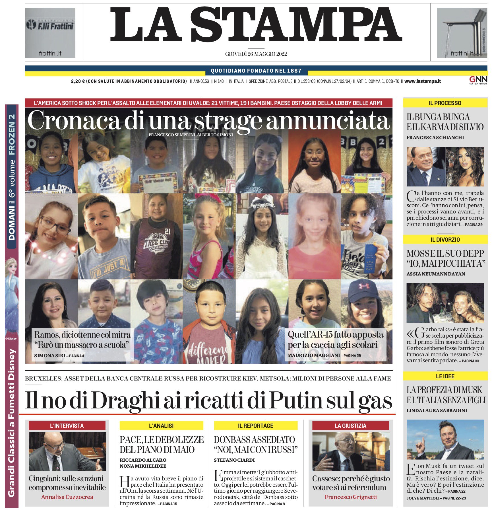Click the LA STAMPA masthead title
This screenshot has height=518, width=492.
pos(256,25)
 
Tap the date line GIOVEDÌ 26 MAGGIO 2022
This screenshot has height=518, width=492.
pos(256,54)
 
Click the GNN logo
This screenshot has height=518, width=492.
pos(478,80)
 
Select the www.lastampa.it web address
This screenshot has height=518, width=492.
pos(422,81)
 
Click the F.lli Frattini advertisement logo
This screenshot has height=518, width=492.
pos(50,25)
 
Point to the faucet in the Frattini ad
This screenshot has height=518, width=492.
pos(465,31)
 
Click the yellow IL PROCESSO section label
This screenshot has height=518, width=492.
pos(445,103)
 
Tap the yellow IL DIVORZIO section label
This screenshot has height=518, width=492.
pos(445,240)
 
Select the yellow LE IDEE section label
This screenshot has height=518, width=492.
pos(445,376)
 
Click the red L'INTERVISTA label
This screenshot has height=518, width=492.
pos(67,426)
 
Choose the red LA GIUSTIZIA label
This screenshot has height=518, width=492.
pos(350,426)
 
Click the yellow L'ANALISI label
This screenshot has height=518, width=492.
pos(161,426)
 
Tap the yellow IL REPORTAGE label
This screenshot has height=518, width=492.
pos(255,426)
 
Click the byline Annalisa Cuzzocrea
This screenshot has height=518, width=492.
pos(67,497)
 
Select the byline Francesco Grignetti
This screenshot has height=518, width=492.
pos(351,497)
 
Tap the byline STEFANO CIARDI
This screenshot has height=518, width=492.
pos(234,460)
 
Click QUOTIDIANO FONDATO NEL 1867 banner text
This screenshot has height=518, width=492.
pos(256,71)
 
